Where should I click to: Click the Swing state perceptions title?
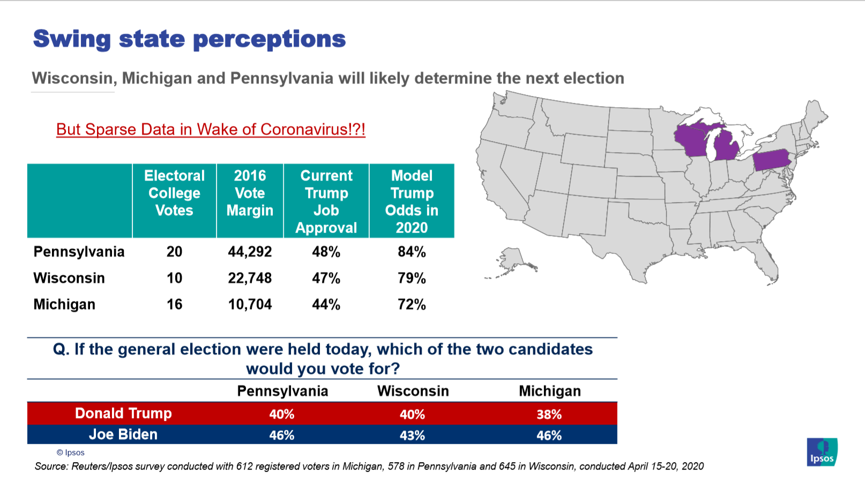click(x=189, y=39)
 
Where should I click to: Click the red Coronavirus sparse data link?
click(x=211, y=129)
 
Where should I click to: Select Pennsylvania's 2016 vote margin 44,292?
click(x=250, y=251)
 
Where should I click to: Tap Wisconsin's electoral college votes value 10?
click(x=174, y=278)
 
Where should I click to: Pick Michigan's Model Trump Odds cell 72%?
click(x=412, y=304)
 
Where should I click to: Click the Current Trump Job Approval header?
click(x=326, y=201)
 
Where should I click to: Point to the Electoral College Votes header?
click(x=174, y=193)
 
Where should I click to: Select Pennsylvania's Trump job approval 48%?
click(x=326, y=251)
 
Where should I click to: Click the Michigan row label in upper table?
click(x=64, y=304)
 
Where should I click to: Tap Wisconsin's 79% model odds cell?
click(x=412, y=278)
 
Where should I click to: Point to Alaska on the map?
click(x=512, y=260)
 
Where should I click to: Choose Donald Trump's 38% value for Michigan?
click(x=549, y=414)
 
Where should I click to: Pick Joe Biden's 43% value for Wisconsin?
click(x=412, y=435)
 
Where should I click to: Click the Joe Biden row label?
click(x=123, y=434)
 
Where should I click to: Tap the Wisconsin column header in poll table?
click(x=413, y=391)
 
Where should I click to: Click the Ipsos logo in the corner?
click(x=822, y=452)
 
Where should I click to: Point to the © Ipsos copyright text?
click(x=71, y=452)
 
